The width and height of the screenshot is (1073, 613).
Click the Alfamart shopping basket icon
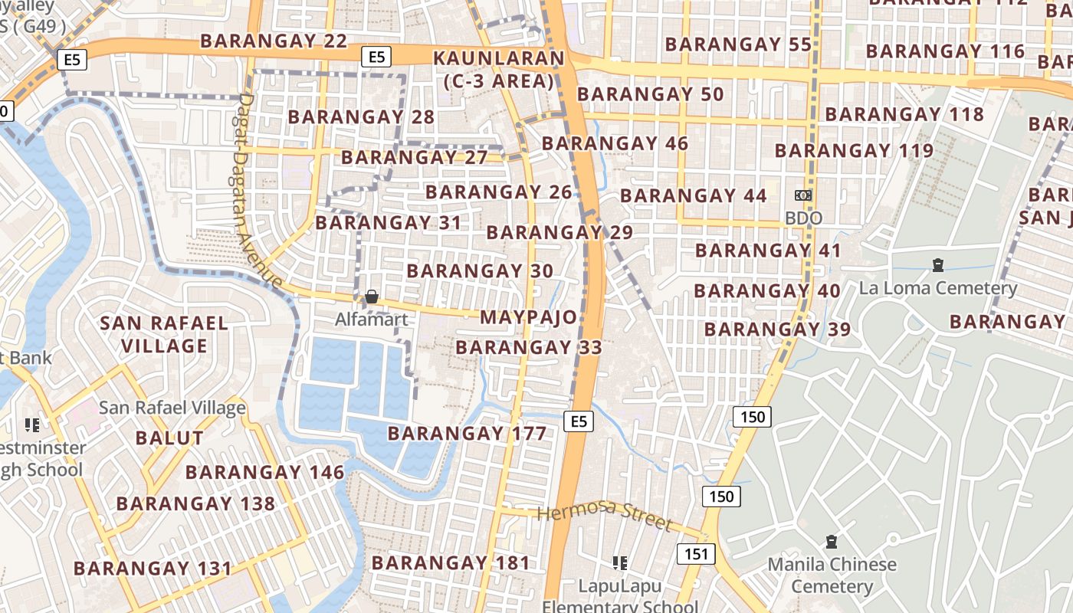click(372, 297)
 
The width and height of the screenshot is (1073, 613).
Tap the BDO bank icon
click(803, 195)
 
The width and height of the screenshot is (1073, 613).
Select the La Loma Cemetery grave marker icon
click(937, 265)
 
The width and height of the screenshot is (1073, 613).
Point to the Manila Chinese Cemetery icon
click(832, 542)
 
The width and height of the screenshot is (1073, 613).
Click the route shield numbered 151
click(696, 554)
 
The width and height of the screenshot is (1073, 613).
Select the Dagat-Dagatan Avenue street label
click(259, 192)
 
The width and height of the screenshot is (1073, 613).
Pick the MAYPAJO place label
click(528, 317)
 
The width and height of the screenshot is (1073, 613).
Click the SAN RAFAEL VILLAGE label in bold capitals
click(164, 335)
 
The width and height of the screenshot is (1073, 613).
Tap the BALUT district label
click(169, 438)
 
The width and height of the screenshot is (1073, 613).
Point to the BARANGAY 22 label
click(274, 41)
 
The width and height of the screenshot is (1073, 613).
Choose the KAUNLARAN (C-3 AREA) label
click(499, 69)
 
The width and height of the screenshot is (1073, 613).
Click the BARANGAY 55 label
click(738, 44)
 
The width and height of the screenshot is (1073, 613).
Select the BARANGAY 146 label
click(264, 472)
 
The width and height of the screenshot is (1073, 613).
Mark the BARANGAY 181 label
click(451, 563)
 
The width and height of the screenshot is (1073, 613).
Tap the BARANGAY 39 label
click(777, 329)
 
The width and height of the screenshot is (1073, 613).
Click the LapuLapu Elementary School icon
click(620, 563)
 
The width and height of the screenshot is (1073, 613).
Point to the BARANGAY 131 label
click(152, 569)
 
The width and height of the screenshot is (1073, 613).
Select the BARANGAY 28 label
click(361, 117)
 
